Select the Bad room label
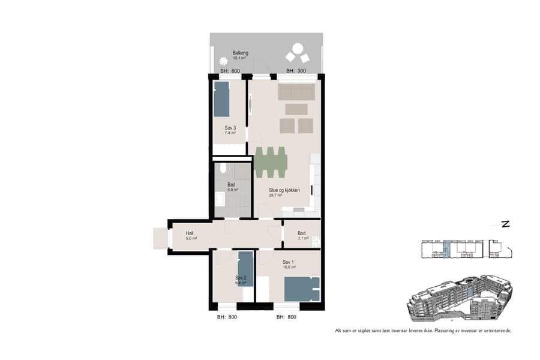(x=232, y=184)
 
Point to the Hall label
(x=190, y=233)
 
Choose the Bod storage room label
(x=302, y=233)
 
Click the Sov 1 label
(x=288, y=262)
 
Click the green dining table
(x=271, y=162)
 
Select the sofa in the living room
(x=296, y=92)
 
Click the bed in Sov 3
(x=221, y=99)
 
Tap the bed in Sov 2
(x=245, y=268)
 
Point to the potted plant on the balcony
(x=224, y=61)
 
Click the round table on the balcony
(x=297, y=49)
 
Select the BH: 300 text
(x=296, y=71)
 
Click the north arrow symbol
(x=505, y=224)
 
